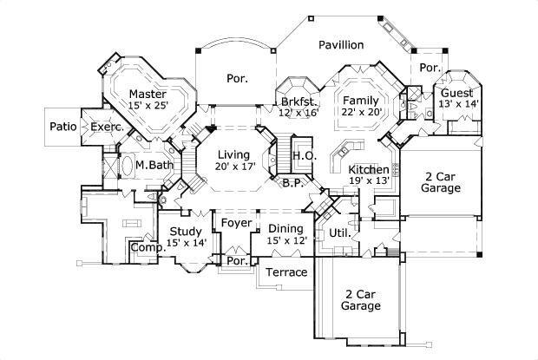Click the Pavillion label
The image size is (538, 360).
[x=340, y=45]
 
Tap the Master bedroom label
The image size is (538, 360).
[x=148, y=94]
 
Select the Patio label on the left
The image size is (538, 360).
[x=62, y=127]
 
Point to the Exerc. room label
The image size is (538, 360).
[x=107, y=127]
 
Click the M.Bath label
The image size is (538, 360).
[x=151, y=164]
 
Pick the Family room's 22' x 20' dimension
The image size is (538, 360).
[x=360, y=113]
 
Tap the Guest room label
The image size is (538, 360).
[x=456, y=93]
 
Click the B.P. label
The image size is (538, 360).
[x=292, y=182]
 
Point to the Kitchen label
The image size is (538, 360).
[x=369, y=169]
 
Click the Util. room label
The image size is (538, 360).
[x=339, y=233]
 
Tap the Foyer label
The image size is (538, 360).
[x=236, y=223]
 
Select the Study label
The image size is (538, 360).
[x=186, y=231]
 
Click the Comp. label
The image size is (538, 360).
[x=144, y=248]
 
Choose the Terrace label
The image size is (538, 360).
[x=286, y=272]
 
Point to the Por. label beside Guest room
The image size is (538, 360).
[x=428, y=68]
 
